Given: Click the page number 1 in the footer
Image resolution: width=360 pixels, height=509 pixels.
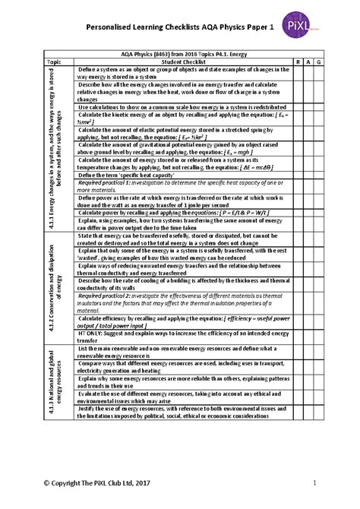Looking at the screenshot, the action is [x=313, y=484].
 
